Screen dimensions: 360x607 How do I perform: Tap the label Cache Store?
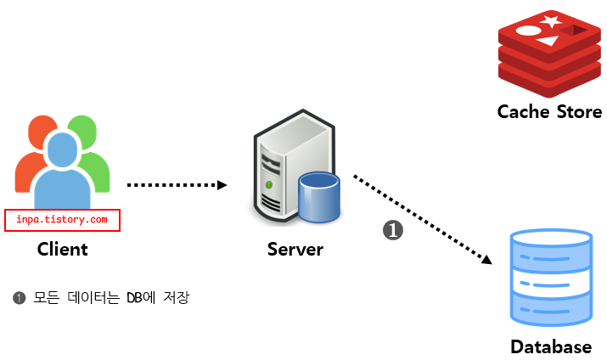pyautogui.click(x=549, y=111)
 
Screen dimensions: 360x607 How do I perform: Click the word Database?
pyautogui.click(x=551, y=346)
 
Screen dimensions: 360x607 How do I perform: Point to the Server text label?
pyautogui.click(x=295, y=249)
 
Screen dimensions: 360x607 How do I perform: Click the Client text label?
pyautogui.click(x=62, y=249)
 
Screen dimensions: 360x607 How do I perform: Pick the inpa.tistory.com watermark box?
pyautogui.click(x=62, y=220)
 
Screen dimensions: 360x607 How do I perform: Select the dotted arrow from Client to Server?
pyautogui.click(x=177, y=184)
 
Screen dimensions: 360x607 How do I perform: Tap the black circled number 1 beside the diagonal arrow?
pyautogui.click(x=393, y=229)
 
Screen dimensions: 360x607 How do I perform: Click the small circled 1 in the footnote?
pyautogui.click(x=20, y=298)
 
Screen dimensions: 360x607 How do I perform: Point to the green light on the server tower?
pyautogui.click(x=269, y=183)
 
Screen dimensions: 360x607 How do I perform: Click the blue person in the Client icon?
pyautogui.click(x=62, y=170)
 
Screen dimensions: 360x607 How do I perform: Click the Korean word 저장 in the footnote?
pyautogui.click(x=174, y=298)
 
